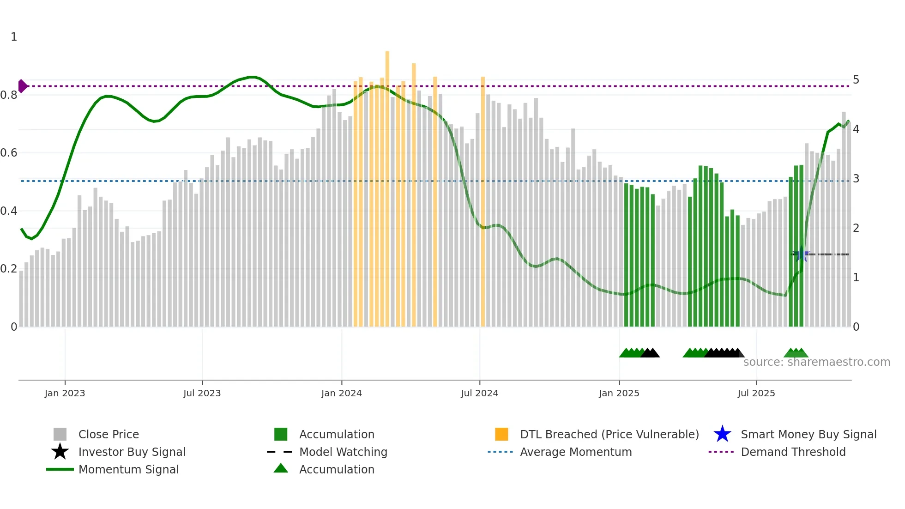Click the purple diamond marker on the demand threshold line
click(23, 86)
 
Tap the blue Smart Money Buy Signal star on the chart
click(802, 254)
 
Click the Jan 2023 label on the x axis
click(65, 393)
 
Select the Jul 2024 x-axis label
click(479, 393)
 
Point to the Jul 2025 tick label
click(756, 393)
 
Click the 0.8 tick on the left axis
click(9, 95)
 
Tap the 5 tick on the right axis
click(856, 80)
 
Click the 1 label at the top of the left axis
click(14, 37)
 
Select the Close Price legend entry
click(109, 434)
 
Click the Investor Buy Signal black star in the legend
click(60, 452)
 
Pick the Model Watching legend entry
click(343, 452)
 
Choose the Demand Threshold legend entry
click(793, 452)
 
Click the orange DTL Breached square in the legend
click(501, 434)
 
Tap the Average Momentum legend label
click(575, 452)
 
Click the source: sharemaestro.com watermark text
click(816, 362)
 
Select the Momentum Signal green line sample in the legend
click(60, 469)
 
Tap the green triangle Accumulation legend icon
click(281, 468)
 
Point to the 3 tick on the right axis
click(856, 179)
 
